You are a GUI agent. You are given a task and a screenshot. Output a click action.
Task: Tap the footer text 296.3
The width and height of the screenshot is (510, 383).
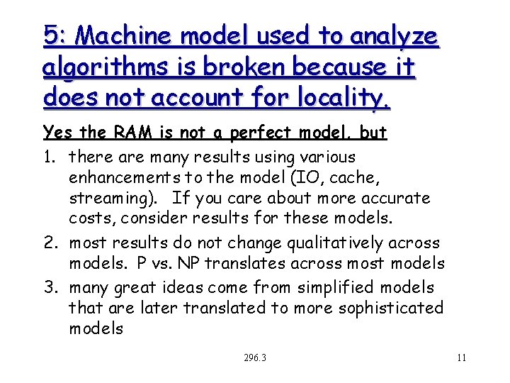pyautogui.click(x=254, y=357)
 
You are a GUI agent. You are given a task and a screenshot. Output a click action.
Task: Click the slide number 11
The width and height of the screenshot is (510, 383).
pyautogui.click(x=461, y=357)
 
